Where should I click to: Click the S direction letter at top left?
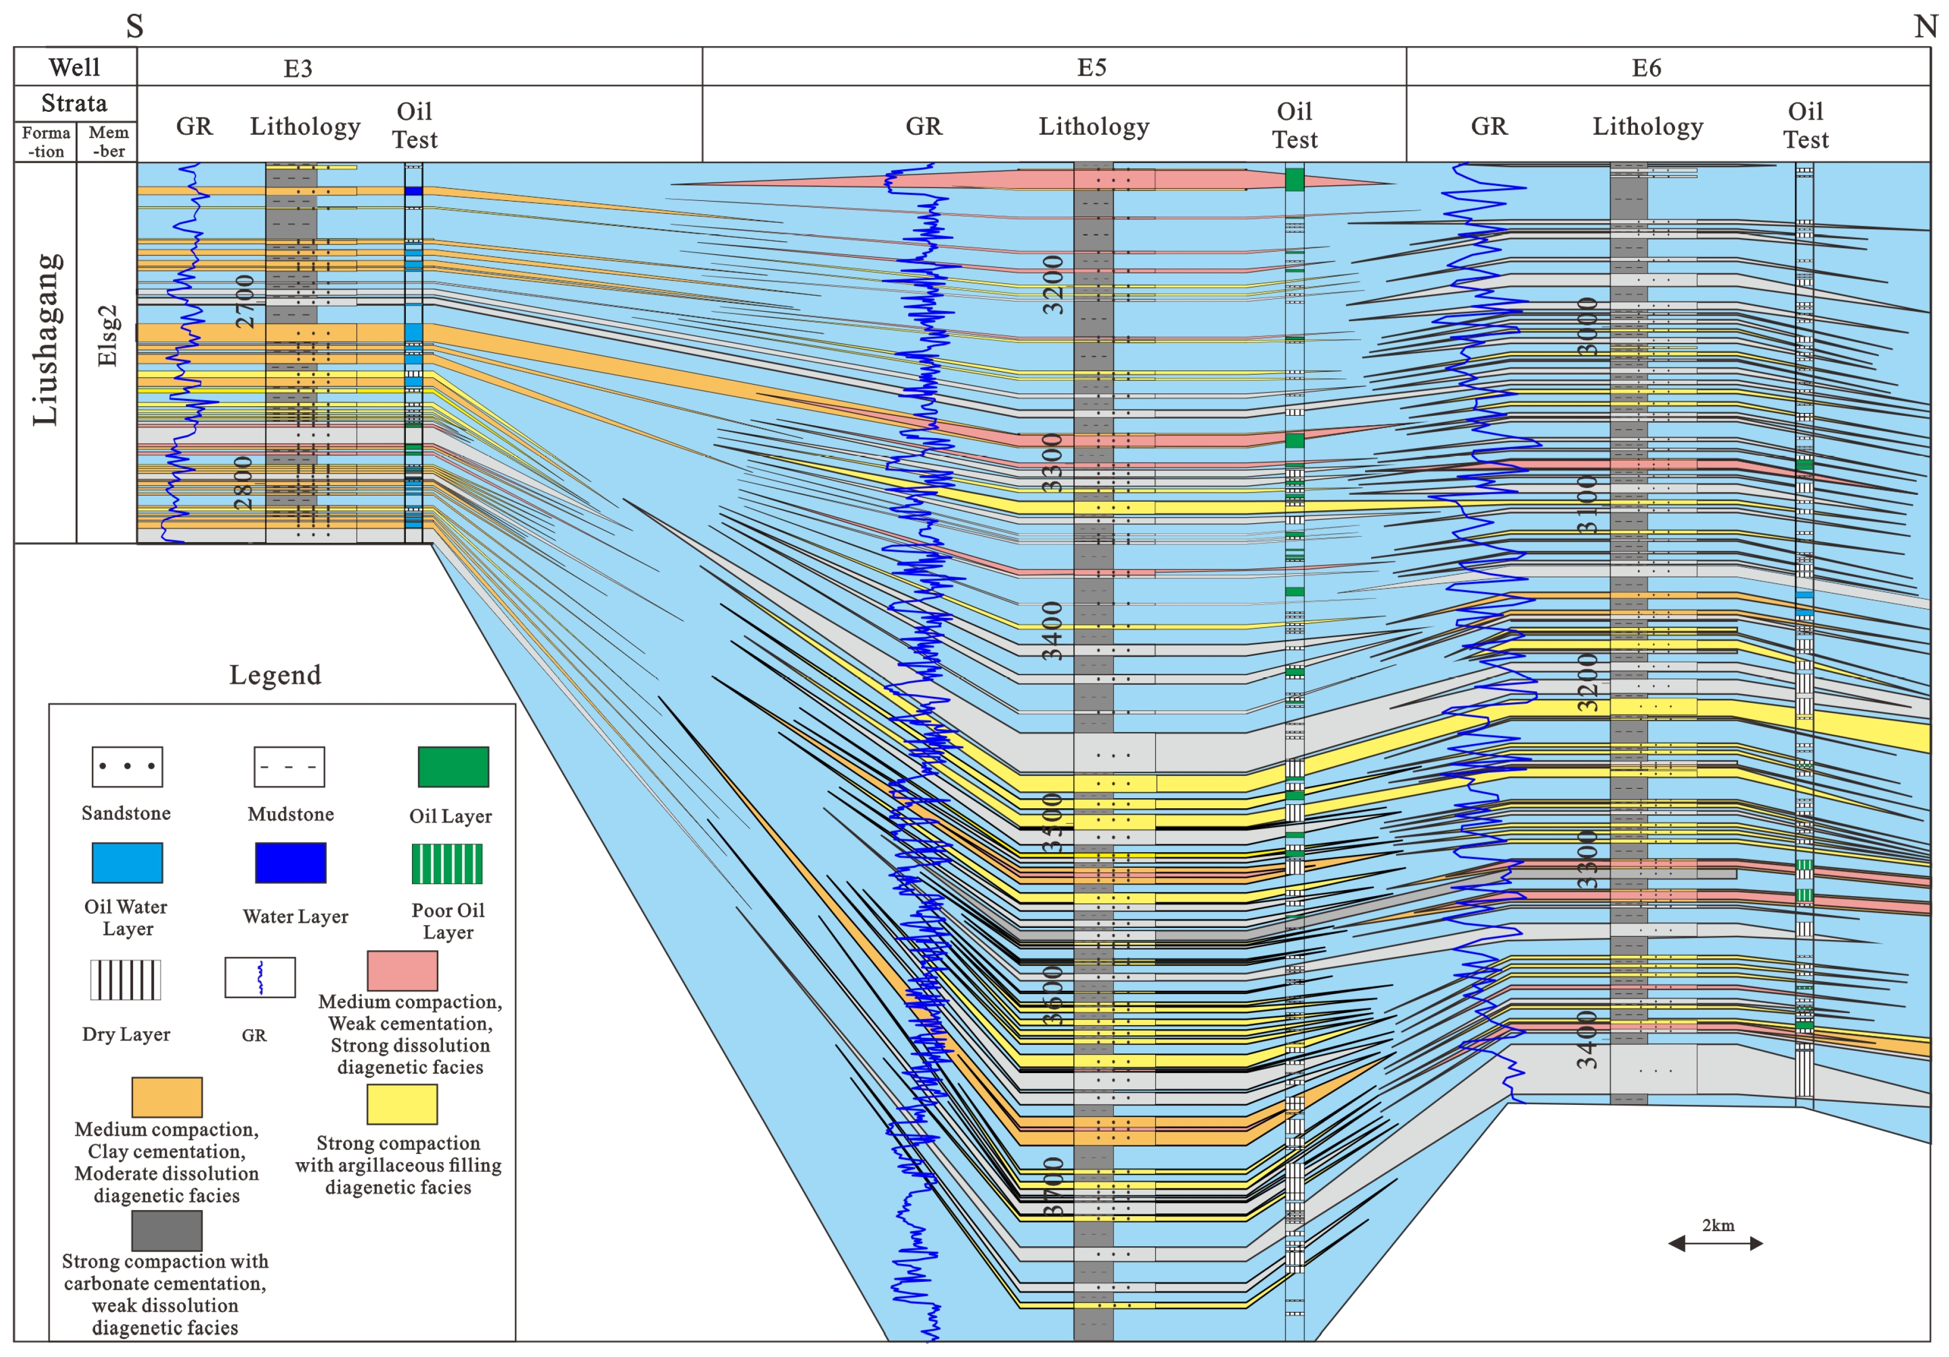click(134, 26)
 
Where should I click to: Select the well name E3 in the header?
click(298, 68)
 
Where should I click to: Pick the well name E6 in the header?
click(1646, 68)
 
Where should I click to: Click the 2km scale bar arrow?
click(1716, 1243)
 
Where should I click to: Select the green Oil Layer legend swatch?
click(453, 767)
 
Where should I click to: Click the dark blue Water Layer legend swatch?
click(290, 862)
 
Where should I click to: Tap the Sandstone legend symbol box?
click(127, 767)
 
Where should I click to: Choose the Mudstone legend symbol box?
click(289, 767)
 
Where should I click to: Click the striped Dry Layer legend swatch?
click(126, 980)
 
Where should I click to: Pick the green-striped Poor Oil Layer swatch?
click(448, 864)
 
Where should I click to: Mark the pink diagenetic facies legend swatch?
click(402, 970)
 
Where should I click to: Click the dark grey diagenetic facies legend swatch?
click(166, 1230)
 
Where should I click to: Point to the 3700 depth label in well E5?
click(1053, 1186)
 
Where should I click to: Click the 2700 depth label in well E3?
click(244, 301)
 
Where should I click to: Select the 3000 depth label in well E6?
click(1587, 327)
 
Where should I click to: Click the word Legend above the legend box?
click(275, 675)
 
